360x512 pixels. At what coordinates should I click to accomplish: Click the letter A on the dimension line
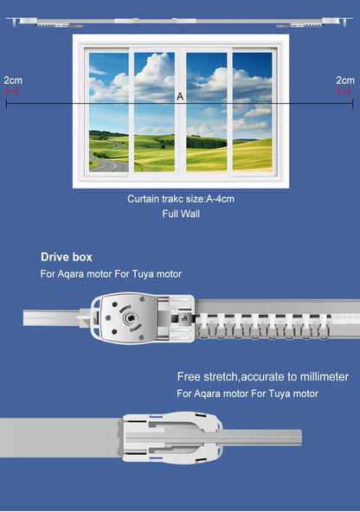pyautogui.click(x=180, y=97)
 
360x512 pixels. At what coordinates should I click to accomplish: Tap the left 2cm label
pyautogui.click(x=13, y=80)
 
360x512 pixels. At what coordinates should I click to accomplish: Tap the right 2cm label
pyautogui.click(x=344, y=80)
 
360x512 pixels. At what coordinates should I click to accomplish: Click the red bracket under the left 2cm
pyautogui.click(x=12, y=89)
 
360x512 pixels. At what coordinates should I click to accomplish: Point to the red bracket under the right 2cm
pyautogui.click(x=344, y=89)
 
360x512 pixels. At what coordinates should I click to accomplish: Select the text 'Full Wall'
pyautogui.click(x=180, y=213)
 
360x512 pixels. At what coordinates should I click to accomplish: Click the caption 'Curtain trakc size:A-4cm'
pyautogui.click(x=180, y=199)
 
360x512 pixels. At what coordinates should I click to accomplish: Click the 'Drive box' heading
pyautogui.click(x=66, y=257)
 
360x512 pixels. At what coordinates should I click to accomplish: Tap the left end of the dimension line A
pyautogui.click(x=7, y=104)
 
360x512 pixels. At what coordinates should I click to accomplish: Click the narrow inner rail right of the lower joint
pyautogui.click(x=260, y=437)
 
